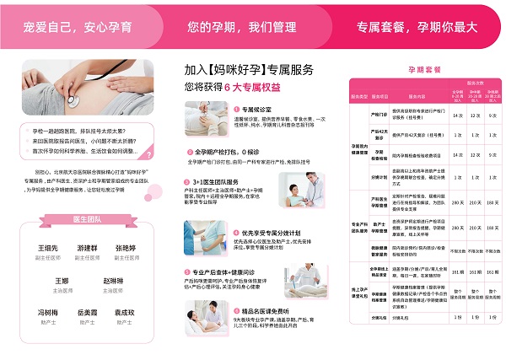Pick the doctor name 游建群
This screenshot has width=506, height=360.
click(87, 250)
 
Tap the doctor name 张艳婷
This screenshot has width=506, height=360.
click(125, 250)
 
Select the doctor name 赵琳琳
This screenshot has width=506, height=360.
click(113, 281)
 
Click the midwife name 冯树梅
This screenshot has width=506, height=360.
click(48, 312)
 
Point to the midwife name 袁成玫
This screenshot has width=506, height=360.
click(125, 312)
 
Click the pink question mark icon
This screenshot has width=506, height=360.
click(148, 155)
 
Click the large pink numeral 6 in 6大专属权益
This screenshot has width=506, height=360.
click(226, 87)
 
